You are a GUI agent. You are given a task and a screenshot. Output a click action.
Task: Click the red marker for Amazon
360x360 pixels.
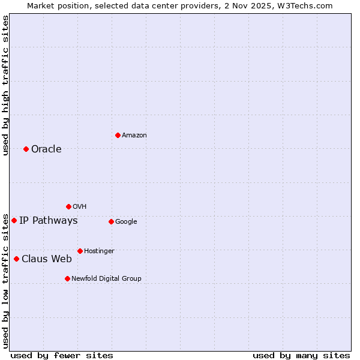pos(118,135)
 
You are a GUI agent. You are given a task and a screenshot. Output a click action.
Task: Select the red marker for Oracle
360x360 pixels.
pos(26,149)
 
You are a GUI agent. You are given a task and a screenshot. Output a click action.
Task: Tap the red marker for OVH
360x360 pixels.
pos(68,206)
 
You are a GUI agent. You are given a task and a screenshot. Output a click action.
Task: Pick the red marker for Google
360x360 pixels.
pos(111,221)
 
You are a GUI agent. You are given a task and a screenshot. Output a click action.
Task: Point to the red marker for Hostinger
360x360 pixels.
pos(80,251)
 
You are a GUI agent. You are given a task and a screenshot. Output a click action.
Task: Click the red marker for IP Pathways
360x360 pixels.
pos(14,220)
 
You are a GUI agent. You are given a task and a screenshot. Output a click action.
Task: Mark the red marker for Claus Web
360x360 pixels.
pos(16,259)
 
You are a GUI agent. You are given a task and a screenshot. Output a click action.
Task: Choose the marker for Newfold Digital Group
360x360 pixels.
pos(67,278)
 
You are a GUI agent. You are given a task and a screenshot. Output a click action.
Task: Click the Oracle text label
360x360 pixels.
pos(46,149)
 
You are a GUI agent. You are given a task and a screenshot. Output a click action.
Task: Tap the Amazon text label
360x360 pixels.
pos(134,135)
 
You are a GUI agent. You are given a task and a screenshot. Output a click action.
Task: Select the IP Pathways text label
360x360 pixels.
pos(48,220)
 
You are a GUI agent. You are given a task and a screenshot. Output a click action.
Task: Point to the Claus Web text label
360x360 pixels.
pos(47,259)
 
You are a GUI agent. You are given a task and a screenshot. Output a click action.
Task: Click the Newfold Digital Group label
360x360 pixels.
pos(106,278)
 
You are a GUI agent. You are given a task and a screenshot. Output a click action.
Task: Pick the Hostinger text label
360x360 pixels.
pos(99,251)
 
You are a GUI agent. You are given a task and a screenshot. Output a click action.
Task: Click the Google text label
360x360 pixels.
pos(126,221)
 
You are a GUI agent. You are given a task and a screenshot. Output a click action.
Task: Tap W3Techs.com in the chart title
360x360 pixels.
pos(308,5)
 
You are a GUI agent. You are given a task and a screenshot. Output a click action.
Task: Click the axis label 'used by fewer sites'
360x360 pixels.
pos(62,355)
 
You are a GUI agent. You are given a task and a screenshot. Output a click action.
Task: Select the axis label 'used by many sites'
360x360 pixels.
pos(301,355)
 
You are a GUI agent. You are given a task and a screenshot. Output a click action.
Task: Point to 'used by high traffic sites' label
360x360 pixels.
pos(5,85)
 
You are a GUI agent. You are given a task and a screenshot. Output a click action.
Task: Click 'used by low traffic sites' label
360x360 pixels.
pos(5,281)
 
